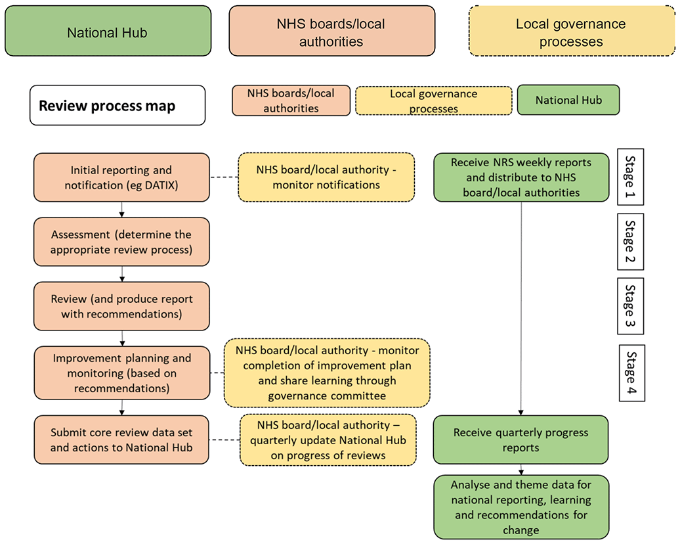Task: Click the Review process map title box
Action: click(117, 105)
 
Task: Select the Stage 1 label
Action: click(630, 177)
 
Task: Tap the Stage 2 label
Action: click(630, 241)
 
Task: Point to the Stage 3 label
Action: click(630, 306)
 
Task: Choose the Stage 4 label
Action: click(631, 373)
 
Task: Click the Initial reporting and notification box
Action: click(121, 177)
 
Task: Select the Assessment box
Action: click(121, 242)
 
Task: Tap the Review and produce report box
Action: click(121, 306)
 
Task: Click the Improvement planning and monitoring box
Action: click(122, 373)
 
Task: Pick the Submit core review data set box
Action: click(121, 440)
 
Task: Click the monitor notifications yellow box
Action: click(326, 177)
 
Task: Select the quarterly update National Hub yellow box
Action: click(328, 440)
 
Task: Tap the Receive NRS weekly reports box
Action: click(521, 177)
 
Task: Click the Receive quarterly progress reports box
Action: click(521, 440)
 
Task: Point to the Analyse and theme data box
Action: click(521, 507)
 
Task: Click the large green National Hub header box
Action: click(108, 31)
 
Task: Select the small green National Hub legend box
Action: click(568, 100)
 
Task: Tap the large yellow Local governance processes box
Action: click(572, 31)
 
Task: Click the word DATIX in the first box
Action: click(161, 185)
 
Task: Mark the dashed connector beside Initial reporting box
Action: click(224, 177)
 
